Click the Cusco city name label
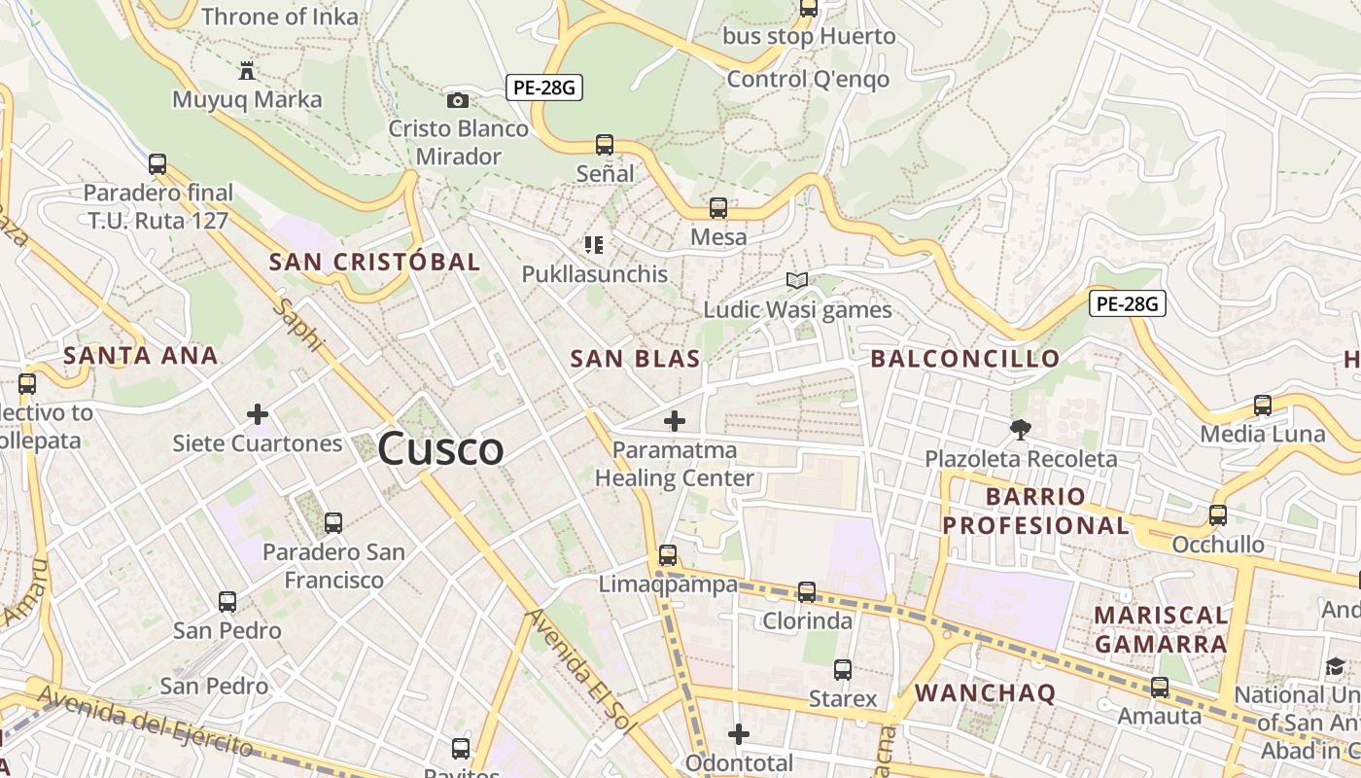[440, 449]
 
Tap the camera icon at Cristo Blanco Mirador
[458, 100]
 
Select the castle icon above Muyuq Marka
[247, 71]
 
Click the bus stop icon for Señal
[605, 145]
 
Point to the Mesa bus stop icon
[718, 208]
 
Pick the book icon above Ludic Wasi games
[797, 281]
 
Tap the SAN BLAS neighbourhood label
[635, 359]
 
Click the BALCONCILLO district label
[964, 359]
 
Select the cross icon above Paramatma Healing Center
[674, 421]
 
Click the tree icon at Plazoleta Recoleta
[1021, 429]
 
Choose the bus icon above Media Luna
[1263, 405]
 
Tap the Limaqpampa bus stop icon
[668, 555]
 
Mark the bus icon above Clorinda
[807, 591]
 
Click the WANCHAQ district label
[985, 693]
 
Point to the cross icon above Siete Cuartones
[258, 415]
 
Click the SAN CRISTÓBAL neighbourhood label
[374, 262]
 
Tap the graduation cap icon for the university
[1335, 666]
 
